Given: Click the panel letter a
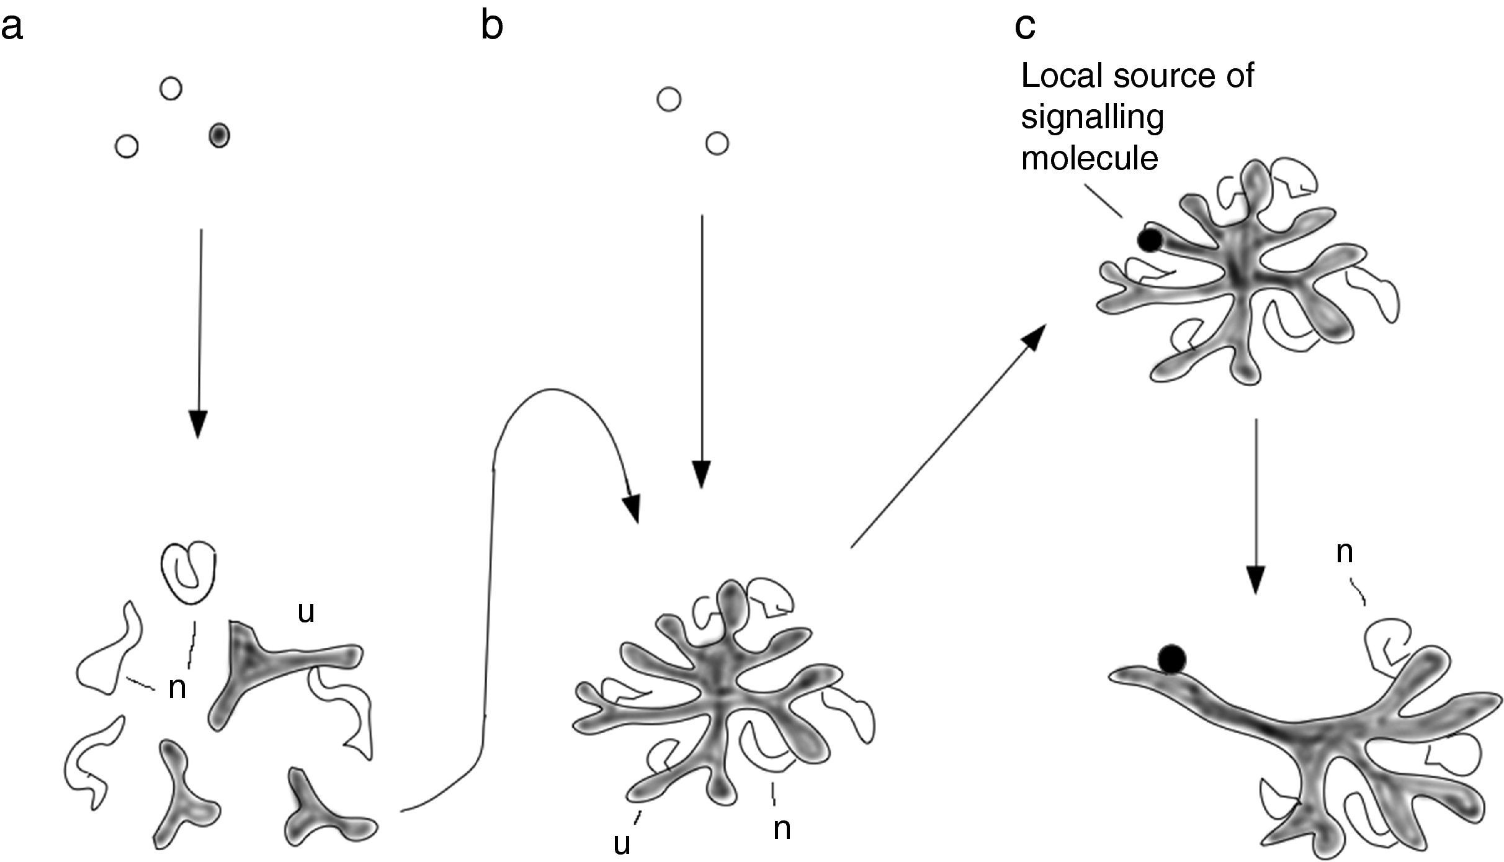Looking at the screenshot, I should (x=12, y=29).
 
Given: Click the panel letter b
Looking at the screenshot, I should (x=491, y=27).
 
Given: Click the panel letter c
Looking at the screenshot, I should (x=1025, y=27).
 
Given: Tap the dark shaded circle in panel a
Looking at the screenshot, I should (x=219, y=135).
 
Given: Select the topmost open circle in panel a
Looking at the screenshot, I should (x=171, y=88).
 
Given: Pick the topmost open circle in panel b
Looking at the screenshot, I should (x=669, y=99).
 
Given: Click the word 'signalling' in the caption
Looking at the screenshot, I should (x=1092, y=117).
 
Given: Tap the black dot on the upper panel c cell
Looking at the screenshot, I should (x=1149, y=240).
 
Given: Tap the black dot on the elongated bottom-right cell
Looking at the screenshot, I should (x=1171, y=658).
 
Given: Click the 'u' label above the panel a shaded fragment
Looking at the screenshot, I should (x=306, y=612).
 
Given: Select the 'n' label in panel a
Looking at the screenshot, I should (x=177, y=688).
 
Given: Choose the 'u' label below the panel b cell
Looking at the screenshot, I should (x=622, y=843).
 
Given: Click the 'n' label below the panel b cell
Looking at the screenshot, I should (x=782, y=828).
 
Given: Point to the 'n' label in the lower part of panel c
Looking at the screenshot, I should (x=1344, y=552).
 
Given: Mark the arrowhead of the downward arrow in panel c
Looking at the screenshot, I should (x=1255, y=581).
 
